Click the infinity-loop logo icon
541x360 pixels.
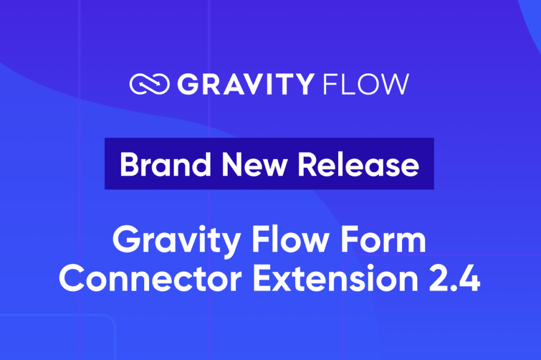(x=150, y=84)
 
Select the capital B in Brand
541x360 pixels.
(x=128, y=164)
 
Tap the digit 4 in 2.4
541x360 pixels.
(x=470, y=280)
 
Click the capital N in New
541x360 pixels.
(x=227, y=164)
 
